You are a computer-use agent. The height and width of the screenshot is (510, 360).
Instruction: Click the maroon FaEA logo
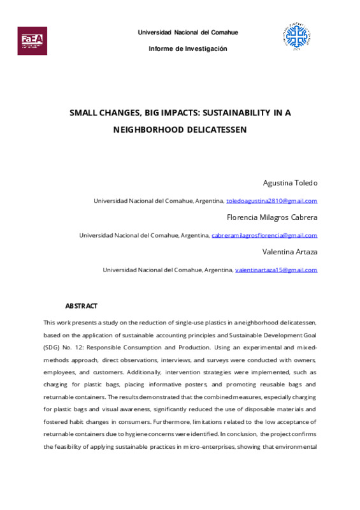click(x=32, y=40)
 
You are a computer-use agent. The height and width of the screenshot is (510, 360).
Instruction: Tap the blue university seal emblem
click(x=296, y=39)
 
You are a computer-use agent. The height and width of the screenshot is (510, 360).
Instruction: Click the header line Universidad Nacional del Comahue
click(x=188, y=33)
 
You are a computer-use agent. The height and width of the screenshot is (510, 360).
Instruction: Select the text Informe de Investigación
click(x=188, y=49)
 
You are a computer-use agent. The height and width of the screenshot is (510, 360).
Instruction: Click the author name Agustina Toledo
click(x=289, y=183)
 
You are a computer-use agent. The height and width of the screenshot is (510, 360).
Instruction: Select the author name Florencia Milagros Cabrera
click(x=272, y=217)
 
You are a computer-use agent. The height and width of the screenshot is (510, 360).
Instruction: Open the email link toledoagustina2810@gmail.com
click(x=271, y=201)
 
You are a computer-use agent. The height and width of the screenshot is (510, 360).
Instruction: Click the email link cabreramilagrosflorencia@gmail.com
click(x=264, y=235)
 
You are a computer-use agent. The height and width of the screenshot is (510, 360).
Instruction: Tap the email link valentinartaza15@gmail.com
click(x=276, y=270)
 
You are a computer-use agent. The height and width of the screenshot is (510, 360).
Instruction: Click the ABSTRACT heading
click(x=82, y=306)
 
